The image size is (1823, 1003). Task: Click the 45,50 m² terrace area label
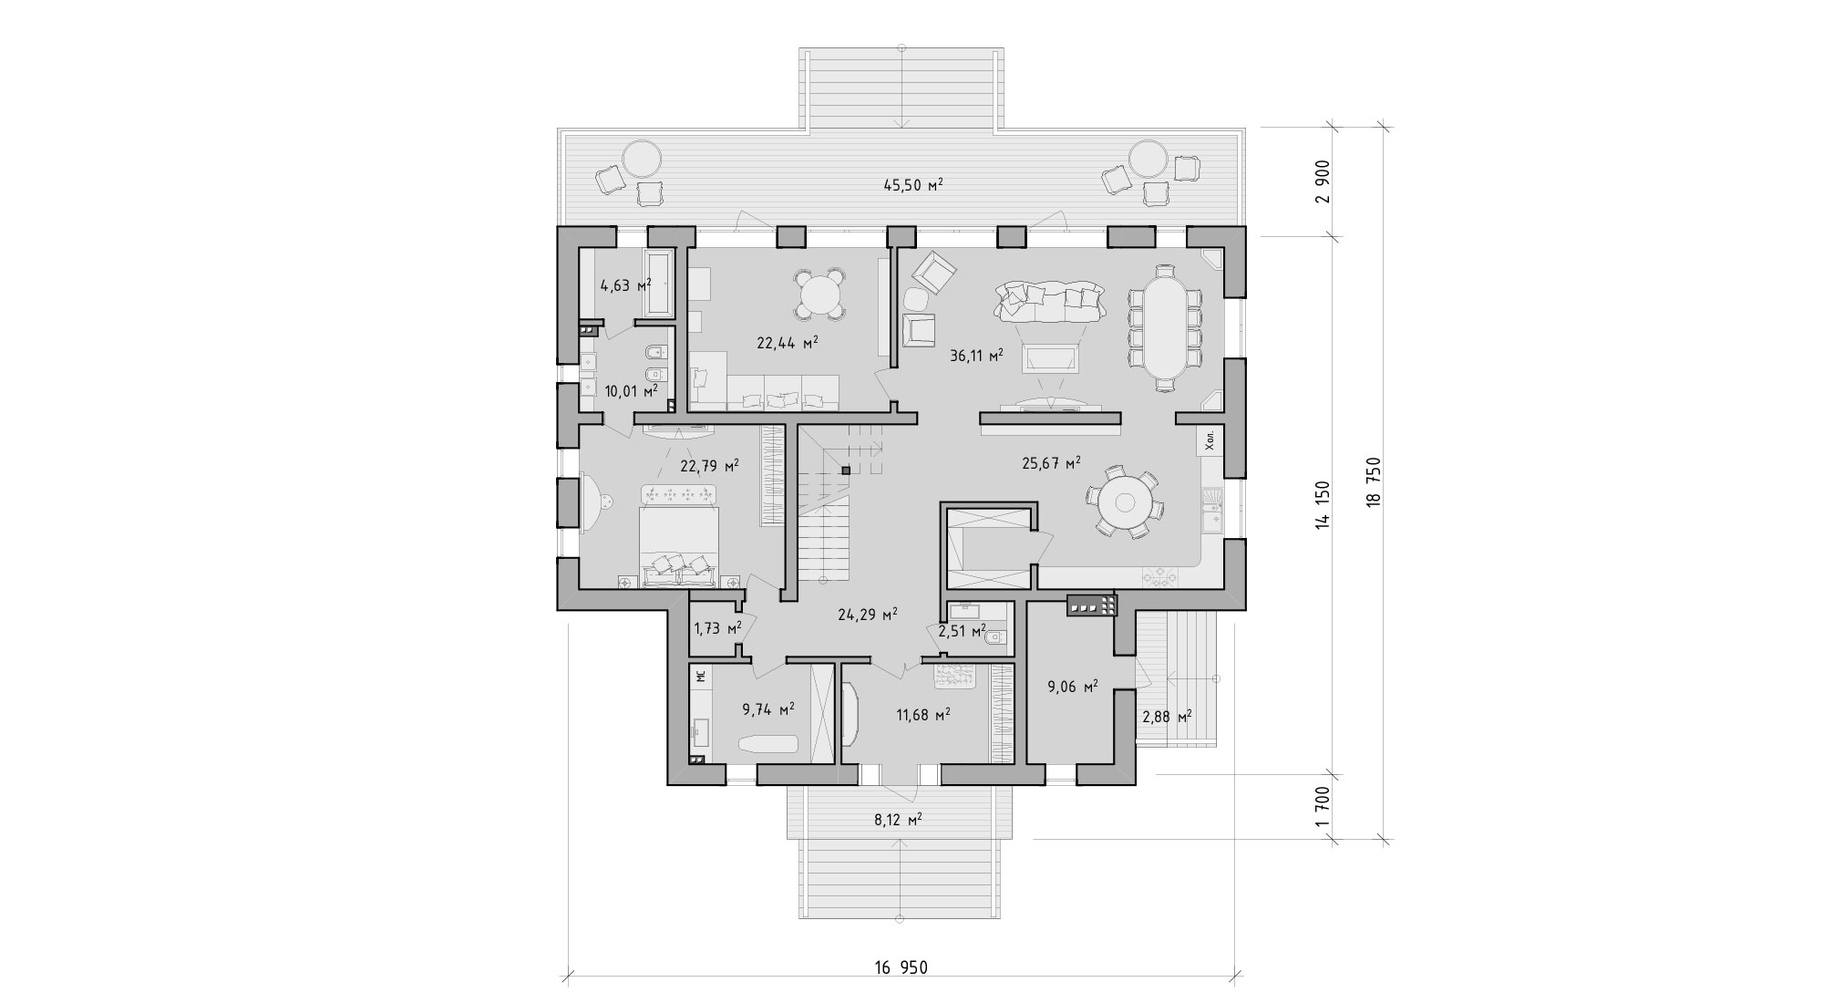click(912, 185)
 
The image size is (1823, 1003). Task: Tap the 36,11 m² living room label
click(976, 356)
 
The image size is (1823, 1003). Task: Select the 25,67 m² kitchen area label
click(1051, 462)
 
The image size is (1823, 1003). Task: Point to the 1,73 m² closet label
click(716, 628)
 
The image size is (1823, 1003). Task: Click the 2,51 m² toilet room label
click(963, 631)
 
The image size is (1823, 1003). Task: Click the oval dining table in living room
click(1164, 327)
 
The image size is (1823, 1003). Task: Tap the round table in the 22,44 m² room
click(820, 295)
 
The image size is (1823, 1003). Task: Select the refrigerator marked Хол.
click(1210, 442)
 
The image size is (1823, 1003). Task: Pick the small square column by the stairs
click(846, 471)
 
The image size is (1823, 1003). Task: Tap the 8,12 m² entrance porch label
click(898, 820)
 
